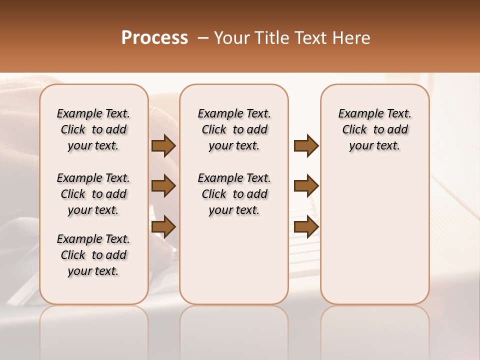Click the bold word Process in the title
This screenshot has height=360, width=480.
[154, 37]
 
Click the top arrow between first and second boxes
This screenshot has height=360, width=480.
[163, 145]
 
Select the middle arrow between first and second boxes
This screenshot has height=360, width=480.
[163, 186]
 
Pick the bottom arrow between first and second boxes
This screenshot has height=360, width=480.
[163, 226]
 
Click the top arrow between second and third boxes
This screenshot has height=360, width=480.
[306, 145]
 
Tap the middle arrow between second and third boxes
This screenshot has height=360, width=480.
[306, 186]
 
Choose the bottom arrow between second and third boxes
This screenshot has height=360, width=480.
[306, 226]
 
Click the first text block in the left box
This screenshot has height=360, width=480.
[93, 129]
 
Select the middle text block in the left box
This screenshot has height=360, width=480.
[93, 194]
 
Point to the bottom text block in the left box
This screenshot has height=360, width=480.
[93, 255]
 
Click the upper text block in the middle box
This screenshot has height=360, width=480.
[234, 129]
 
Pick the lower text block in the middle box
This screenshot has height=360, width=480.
[234, 194]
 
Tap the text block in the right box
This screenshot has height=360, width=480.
[374, 129]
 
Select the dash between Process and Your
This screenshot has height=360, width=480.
[203, 38]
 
